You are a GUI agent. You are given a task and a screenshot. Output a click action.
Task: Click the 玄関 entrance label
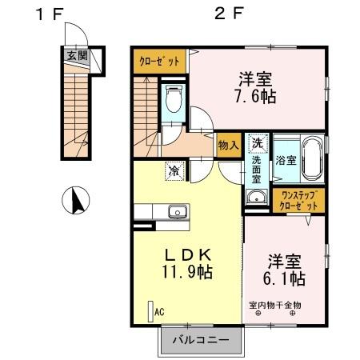coord(77,55)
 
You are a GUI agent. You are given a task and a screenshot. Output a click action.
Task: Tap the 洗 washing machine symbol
coord(257,144)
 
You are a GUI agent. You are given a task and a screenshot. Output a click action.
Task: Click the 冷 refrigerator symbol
coord(174,170)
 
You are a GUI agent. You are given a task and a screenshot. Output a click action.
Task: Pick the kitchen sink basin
coord(176,212)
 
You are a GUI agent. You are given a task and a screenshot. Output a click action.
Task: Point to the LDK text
coord(189,254)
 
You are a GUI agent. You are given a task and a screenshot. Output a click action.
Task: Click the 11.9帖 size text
coord(189,272)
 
